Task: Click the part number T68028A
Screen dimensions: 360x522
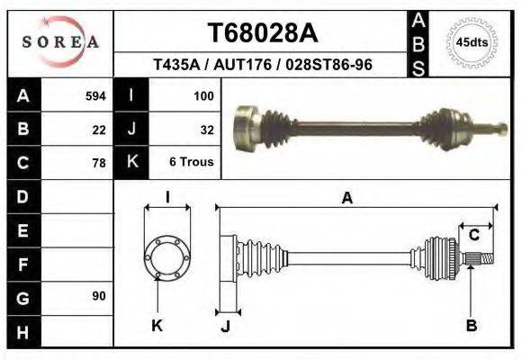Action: (x=263, y=33)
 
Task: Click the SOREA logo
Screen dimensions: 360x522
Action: (x=60, y=42)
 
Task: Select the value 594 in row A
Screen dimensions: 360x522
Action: (x=95, y=95)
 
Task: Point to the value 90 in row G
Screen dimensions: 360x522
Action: (x=98, y=296)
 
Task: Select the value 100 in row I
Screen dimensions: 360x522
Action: (x=202, y=95)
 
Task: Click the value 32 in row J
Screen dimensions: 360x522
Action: (x=206, y=129)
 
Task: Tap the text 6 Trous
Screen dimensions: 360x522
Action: (x=191, y=163)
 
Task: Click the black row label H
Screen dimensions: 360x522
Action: (x=22, y=332)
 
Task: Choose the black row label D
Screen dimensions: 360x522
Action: (x=22, y=196)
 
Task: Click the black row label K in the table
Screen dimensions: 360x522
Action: (x=133, y=163)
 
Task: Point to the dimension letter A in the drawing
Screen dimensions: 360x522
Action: (x=346, y=199)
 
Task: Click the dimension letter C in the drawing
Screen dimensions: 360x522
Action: (x=473, y=235)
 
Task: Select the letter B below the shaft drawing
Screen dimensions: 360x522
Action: (x=471, y=326)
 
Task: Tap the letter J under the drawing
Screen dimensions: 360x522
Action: (x=225, y=326)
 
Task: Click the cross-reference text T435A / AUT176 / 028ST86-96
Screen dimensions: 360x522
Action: (x=263, y=66)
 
